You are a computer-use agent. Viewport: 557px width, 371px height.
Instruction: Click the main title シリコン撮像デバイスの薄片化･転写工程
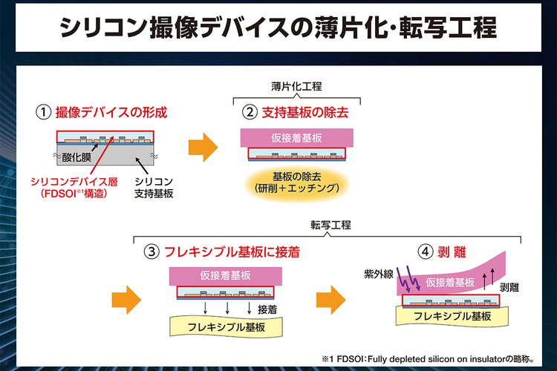click(278, 27)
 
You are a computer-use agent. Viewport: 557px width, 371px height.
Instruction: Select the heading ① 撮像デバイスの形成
click(102, 114)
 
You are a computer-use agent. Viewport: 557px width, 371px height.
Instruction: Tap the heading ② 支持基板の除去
click(296, 114)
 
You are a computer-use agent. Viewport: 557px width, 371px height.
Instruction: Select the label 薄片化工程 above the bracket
click(296, 87)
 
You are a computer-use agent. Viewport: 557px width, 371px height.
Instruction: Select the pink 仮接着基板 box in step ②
click(296, 138)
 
